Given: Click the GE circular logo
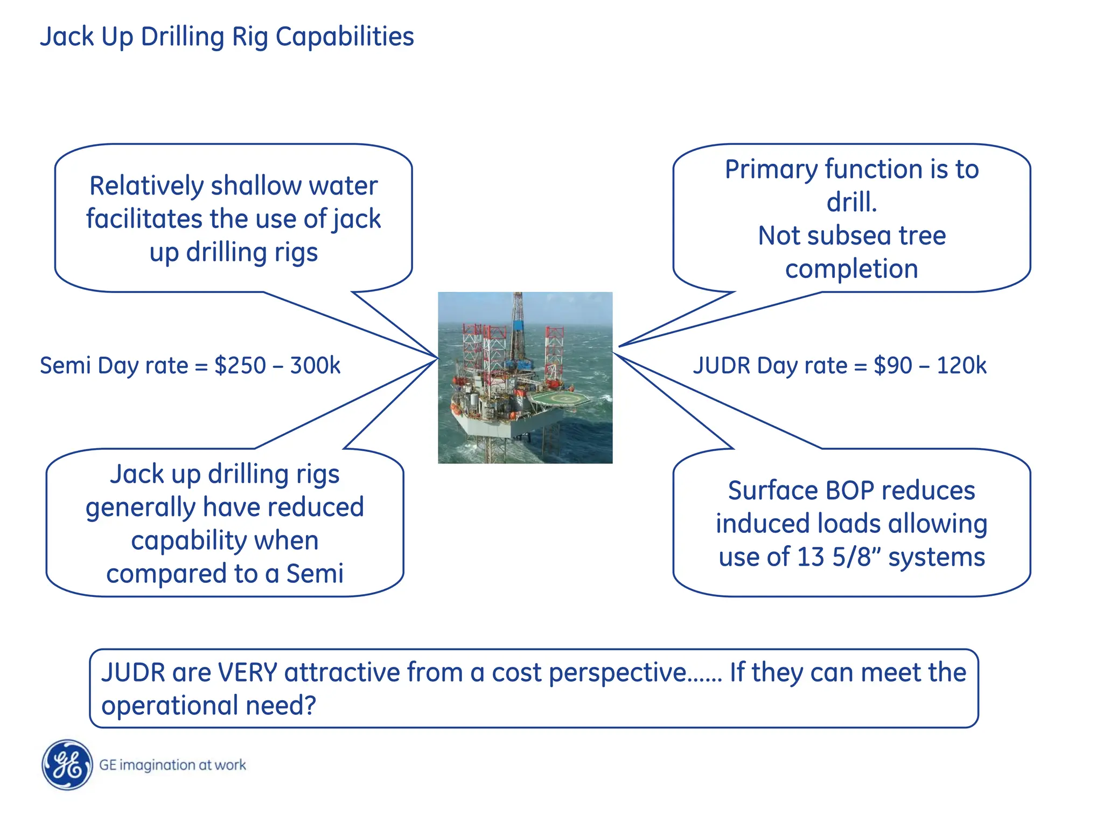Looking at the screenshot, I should point(67,765).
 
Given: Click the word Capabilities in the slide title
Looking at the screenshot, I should point(345,37).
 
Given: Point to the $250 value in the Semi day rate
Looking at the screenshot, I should point(240,365).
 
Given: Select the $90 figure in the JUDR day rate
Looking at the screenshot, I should point(892,365).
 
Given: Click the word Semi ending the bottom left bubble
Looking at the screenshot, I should point(315,573).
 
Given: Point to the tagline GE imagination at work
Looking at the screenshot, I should point(172,765).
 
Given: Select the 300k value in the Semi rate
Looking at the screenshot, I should point(315,365).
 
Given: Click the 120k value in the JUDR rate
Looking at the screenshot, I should point(961,365).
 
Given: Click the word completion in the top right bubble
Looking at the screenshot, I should point(851,269).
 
